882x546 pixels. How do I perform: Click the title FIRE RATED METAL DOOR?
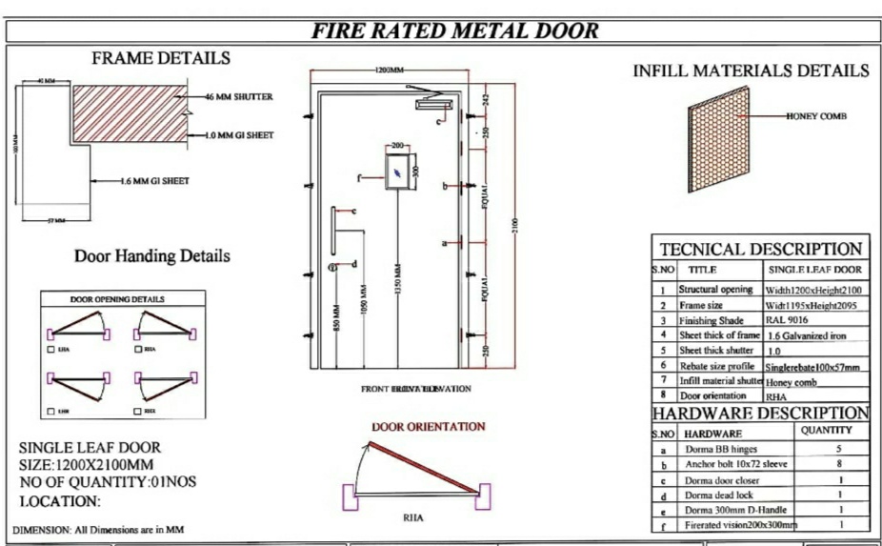click(456, 31)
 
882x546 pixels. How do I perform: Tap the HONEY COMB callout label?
click(815, 116)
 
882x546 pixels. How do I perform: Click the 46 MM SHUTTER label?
click(239, 96)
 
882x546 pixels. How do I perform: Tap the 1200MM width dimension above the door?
click(389, 71)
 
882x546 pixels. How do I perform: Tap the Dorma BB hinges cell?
click(718, 448)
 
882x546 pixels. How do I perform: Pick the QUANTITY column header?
click(825, 431)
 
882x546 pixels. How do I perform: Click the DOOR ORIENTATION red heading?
click(428, 426)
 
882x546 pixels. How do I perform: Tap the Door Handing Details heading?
click(152, 256)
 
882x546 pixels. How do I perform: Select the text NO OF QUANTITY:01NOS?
click(109, 482)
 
